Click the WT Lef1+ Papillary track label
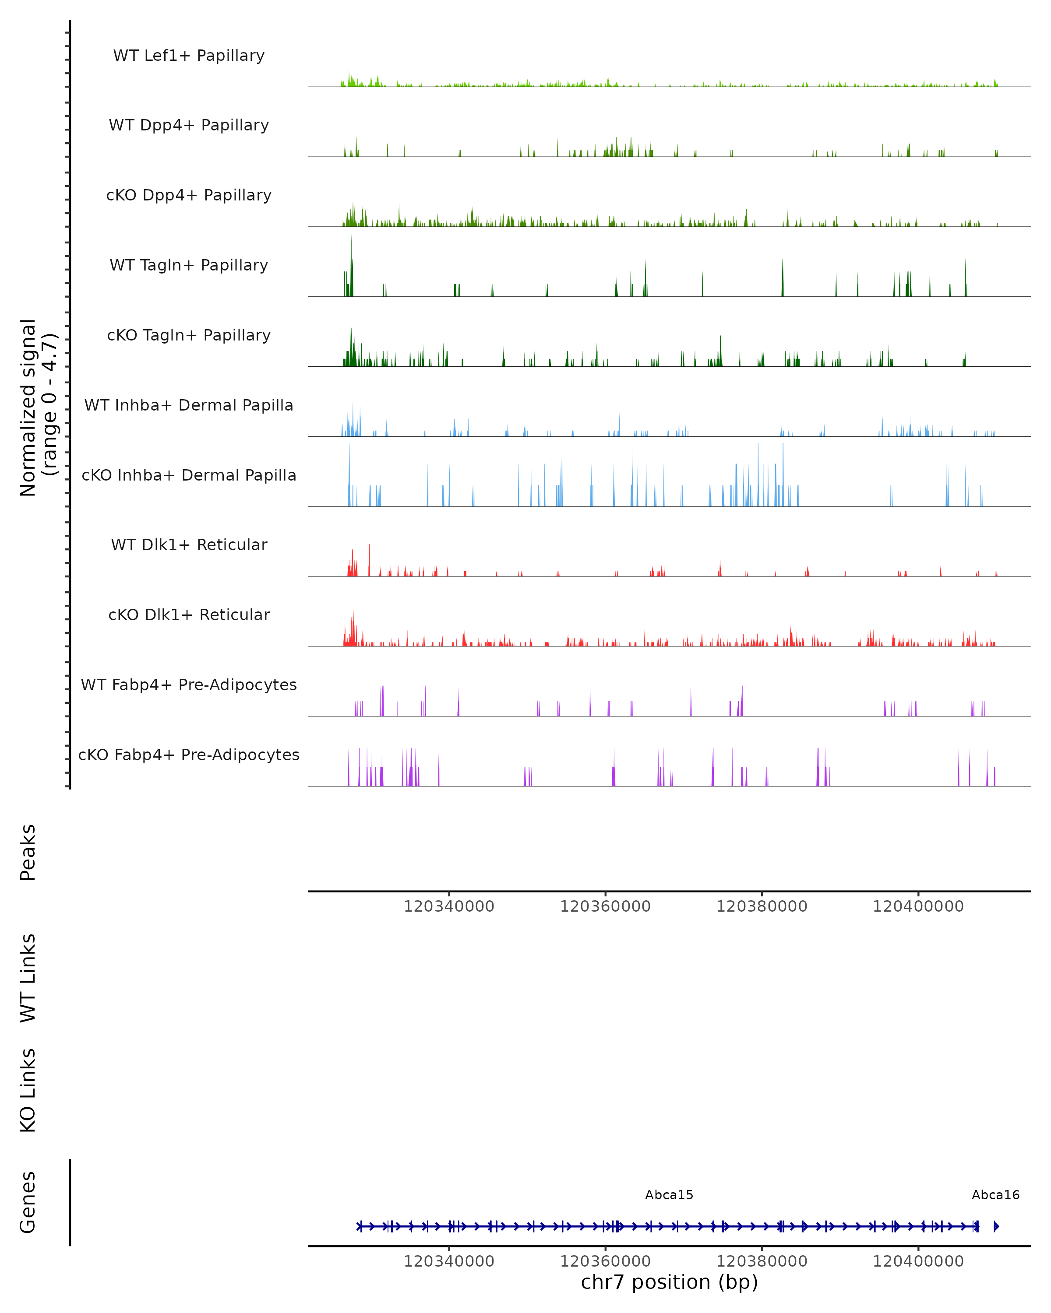189,56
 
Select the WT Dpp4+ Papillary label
189,126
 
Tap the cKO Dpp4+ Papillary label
189,196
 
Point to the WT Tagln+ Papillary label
189,266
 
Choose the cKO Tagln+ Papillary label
189,336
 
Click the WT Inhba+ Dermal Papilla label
189,406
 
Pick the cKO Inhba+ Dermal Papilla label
189,476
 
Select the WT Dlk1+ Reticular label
189,545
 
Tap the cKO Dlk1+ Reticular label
189,615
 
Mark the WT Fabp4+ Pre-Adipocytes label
189,685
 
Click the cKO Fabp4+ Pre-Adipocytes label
189,755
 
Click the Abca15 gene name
669,1195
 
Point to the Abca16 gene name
995,1195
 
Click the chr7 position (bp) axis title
669,1282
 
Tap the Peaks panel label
28,853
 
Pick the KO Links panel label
28,1091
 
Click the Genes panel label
28,1203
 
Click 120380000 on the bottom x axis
762,1261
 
